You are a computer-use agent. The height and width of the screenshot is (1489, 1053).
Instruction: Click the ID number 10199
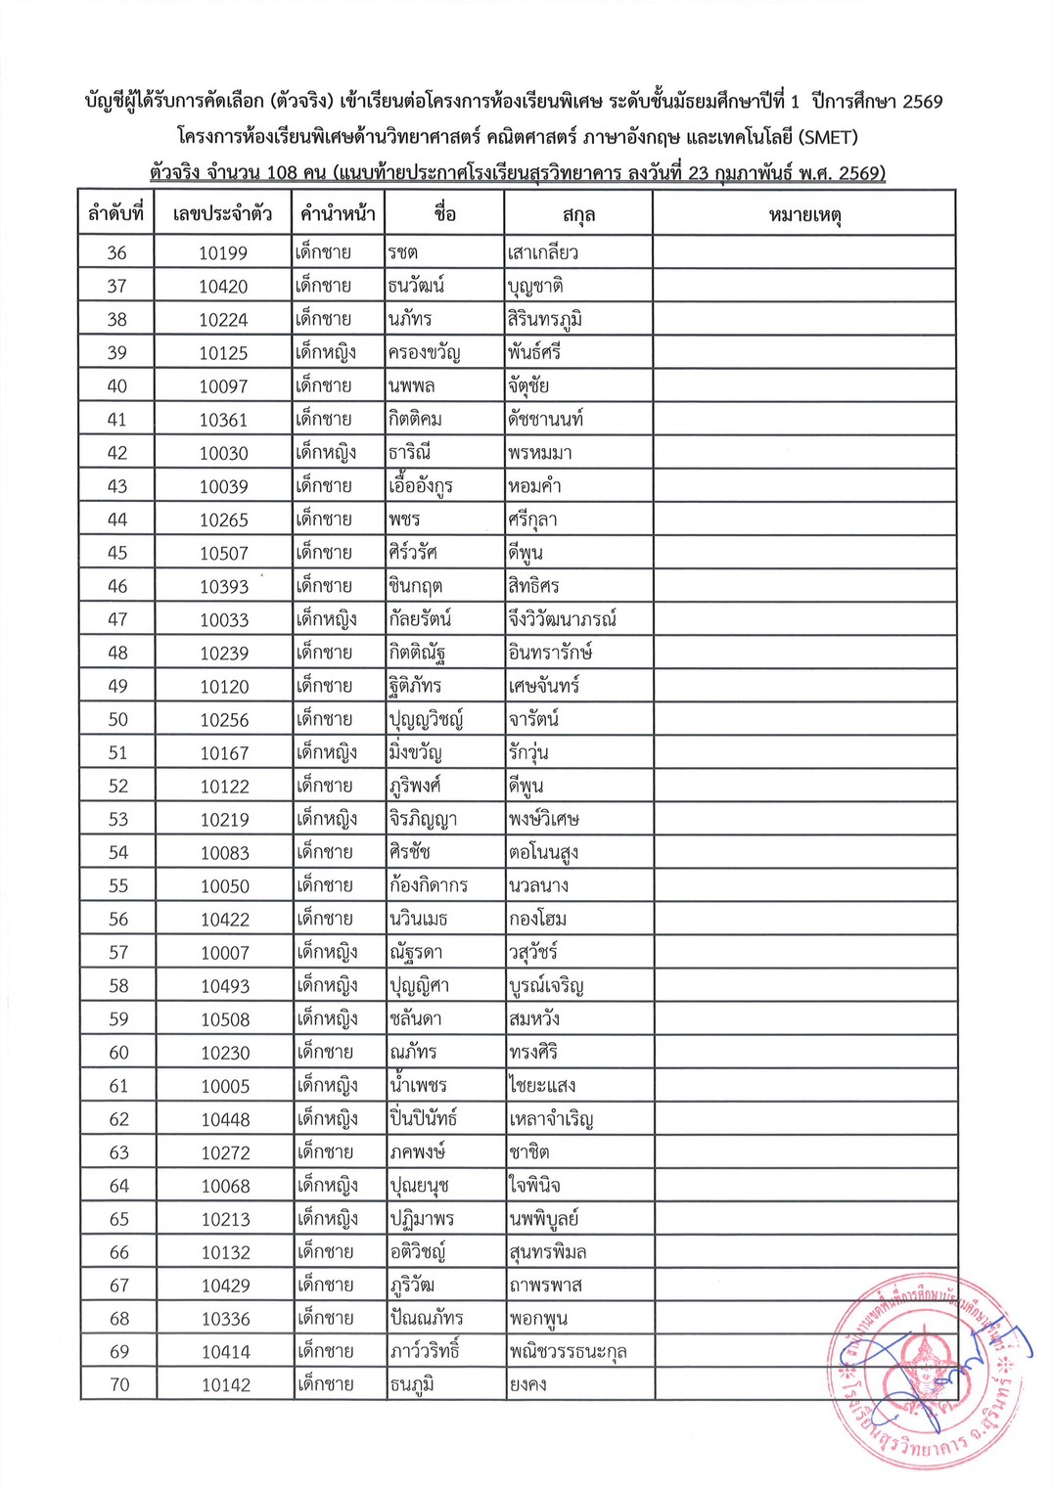(x=223, y=253)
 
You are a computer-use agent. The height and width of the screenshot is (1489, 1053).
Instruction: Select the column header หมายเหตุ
(x=804, y=214)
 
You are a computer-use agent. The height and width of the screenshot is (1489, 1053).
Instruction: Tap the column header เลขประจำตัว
(x=222, y=214)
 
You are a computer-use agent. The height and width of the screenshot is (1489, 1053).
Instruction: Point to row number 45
(x=117, y=553)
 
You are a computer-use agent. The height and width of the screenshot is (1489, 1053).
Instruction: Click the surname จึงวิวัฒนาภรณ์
(x=562, y=619)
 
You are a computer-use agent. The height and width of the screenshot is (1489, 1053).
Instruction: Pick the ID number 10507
(x=224, y=554)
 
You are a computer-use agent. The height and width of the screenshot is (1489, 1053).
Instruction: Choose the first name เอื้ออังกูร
(x=420, y=486)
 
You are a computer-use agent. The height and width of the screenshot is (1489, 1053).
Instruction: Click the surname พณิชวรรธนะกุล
(x=568, y=1352)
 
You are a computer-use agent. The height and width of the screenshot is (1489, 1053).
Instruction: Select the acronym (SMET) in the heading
(x=828, y=137)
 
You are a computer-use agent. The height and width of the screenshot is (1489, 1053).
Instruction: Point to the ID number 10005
(x=225, y=1086)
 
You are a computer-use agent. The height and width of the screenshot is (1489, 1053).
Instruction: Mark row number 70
(x=119, y=1385)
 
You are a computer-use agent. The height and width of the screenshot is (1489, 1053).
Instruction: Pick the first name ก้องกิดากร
(x=428, y=886)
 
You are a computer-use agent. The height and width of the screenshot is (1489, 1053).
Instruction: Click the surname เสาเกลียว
(x=542, y=253)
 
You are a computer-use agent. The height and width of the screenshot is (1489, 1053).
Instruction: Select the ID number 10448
(x=225, y=1119)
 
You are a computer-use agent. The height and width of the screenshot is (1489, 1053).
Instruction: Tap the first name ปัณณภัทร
(x=426, y=1319)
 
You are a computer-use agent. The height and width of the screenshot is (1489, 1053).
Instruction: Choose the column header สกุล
(x=578, y=214)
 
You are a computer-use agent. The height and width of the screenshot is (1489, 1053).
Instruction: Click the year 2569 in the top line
(x=922, y=101)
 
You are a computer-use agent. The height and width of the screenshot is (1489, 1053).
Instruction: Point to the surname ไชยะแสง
(x=542, y=1086)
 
